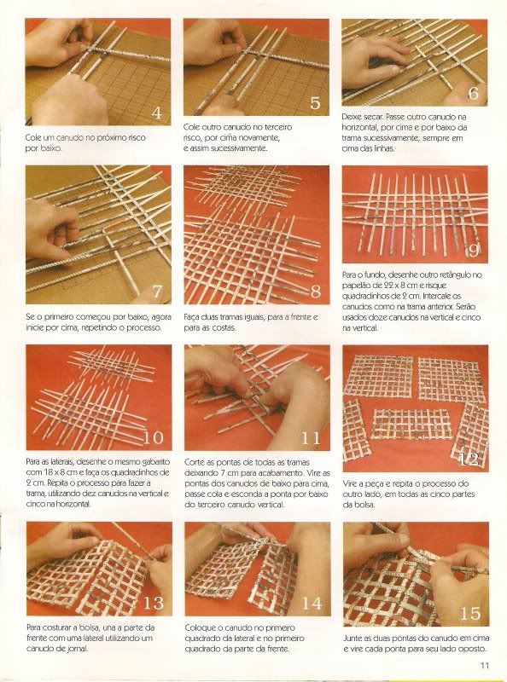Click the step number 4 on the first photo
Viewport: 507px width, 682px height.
click(156, 113)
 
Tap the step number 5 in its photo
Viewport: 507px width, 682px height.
click(315, 102)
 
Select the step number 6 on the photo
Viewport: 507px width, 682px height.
click(473, 93)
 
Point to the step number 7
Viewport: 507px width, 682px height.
click(157, 292)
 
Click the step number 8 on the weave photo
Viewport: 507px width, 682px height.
click(315, 292)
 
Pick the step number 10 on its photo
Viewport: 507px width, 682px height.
click(154, 437)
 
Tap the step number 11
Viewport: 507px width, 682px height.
click(311, 438)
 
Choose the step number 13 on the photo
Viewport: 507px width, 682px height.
click(154, 604)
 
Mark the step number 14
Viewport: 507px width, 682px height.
click(312, 604)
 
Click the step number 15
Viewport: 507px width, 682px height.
click(470, 614)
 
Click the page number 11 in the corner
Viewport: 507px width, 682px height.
click(484, 666)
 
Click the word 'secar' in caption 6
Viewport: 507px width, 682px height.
click(373, 117)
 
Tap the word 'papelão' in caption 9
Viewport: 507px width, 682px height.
click(357, 286)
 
